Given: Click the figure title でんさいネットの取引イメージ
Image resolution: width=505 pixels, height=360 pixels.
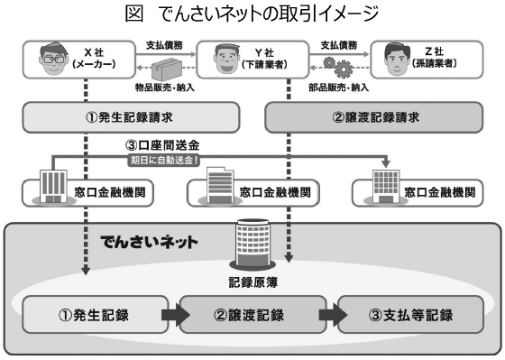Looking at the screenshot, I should coord(252,13).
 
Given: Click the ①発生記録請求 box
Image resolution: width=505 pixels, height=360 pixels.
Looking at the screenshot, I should coord(131,117).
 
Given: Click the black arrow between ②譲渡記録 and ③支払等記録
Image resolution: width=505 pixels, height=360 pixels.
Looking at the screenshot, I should coord(331,316).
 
